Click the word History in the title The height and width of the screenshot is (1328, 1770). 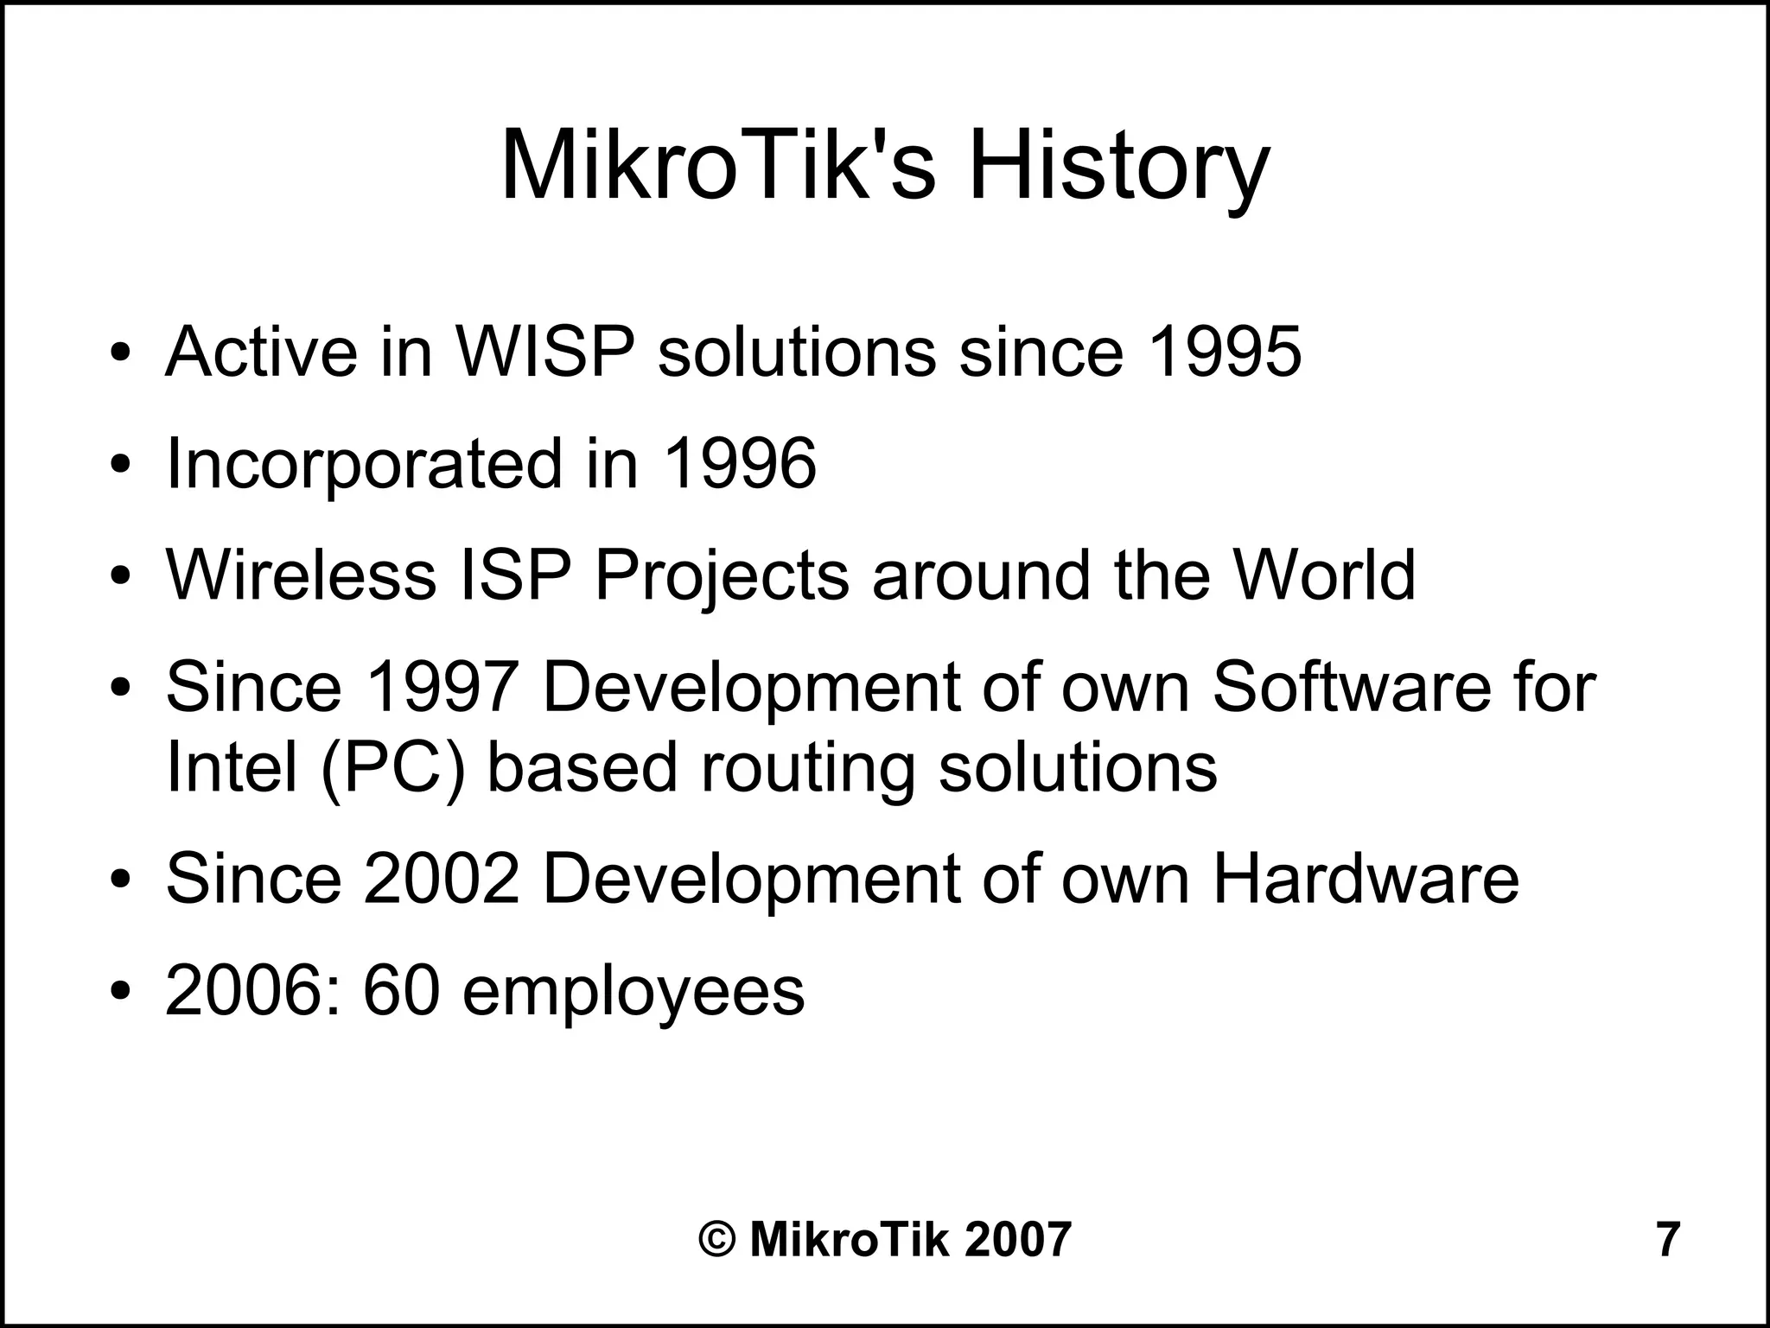point(1118,166)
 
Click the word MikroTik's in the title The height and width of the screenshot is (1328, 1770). point(718,166)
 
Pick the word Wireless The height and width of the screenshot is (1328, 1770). point(301,575)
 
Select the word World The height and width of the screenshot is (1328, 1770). point(1324,575)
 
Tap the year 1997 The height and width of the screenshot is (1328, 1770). point(441,687)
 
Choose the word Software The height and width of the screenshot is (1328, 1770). point(1352,687)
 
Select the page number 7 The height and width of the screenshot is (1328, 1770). point(1667,1239)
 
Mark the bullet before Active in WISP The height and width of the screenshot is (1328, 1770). point(121,354)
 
